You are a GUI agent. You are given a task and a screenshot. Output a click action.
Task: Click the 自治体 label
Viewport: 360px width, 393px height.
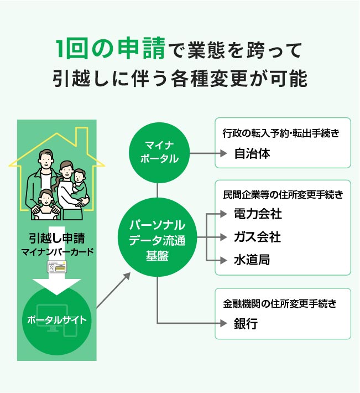tap(252, 153)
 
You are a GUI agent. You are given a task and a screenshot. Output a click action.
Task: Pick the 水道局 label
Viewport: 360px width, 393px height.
tap(252, 260)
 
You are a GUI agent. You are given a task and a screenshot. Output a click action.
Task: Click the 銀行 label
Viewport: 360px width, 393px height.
tap(246, 324)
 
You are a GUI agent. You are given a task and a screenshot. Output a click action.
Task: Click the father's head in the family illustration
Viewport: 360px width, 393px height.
tap(44, 160)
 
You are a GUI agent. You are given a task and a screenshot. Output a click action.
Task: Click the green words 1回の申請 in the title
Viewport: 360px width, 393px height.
tap(111, 50)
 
